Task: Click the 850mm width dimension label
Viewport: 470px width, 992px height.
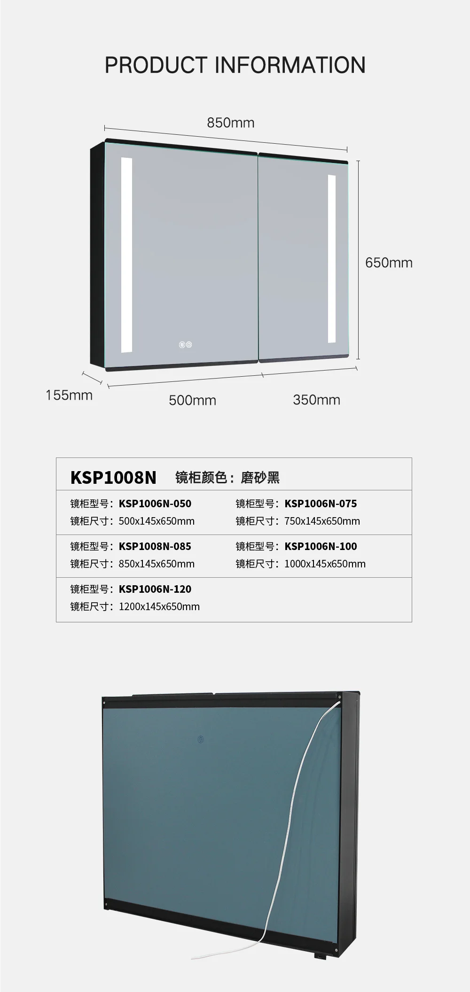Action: [x=230, y=123]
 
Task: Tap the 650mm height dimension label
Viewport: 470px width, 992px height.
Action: [x=389, y=263]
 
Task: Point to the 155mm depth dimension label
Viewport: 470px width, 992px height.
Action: [x=69, y=395]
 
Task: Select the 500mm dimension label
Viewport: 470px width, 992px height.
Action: [x=192, y=400]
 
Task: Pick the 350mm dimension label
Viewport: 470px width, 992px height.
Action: [x=316, y=400]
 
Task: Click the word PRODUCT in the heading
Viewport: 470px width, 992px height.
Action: [x=156, y=65]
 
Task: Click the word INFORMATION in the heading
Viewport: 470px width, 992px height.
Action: [x=290, y=65]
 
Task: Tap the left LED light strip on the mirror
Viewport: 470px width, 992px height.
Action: [x=126, y=255]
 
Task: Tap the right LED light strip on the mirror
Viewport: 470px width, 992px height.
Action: [x=332, y=258]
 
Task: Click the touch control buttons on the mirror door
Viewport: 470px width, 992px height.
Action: [x=185, y=345]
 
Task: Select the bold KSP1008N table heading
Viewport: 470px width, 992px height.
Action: [x=113, y=477]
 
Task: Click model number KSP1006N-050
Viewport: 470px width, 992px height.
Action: [x=155, y=504]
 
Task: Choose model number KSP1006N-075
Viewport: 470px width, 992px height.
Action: [x=321, y=504]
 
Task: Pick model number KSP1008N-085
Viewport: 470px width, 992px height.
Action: [x=155, y=546]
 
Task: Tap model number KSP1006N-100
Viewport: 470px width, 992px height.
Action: [x=321, y=546]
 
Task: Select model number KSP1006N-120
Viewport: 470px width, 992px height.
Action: [x=155, y=589]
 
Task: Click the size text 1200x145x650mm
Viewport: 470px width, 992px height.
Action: [x=159, y=606]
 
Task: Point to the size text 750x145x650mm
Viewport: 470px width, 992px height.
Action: [x=322, y=521]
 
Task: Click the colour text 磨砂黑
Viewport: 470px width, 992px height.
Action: [x=260, y=478]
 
